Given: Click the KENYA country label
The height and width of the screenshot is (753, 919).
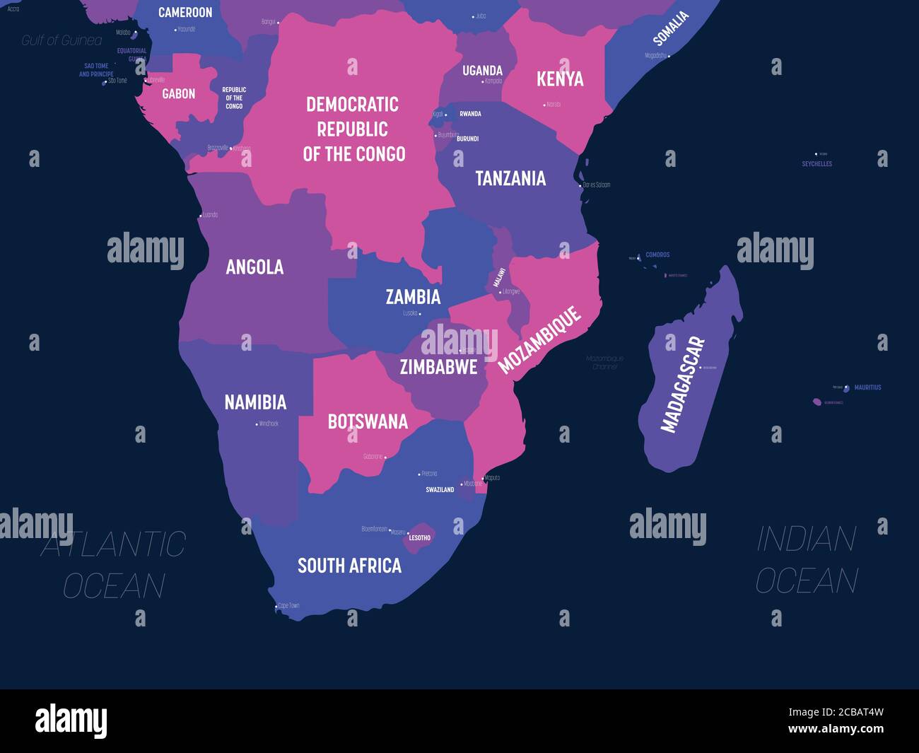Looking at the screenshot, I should [560, 78].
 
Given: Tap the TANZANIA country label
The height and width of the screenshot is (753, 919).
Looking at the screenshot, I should [510, 178].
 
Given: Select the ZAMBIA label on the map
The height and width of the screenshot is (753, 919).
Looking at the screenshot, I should [413, 296].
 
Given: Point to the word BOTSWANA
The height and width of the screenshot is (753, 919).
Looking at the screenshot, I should [368, 421].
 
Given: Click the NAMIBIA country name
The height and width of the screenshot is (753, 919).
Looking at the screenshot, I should [255, 402].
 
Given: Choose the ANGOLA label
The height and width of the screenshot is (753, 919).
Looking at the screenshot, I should [254, 267].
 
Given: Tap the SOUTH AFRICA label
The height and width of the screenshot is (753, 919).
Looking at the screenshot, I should [349, 565].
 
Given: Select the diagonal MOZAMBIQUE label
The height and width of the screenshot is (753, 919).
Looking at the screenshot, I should [539, 339].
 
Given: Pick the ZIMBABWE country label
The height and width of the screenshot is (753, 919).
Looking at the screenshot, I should [438, 366].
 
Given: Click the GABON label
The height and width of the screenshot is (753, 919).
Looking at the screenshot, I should [178, 93].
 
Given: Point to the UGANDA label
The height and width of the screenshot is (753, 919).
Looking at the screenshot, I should [482, 70].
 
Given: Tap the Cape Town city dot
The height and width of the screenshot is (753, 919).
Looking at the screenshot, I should [276, 606].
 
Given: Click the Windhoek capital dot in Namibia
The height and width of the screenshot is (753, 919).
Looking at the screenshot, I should [257, 424].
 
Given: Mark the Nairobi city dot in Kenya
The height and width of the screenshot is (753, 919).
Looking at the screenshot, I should [545, 105].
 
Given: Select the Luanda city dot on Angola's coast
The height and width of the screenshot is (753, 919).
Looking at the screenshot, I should [201, 215].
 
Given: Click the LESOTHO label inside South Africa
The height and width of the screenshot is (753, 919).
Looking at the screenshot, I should [419, 538].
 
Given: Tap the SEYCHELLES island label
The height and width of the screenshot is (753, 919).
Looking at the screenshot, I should [816, 163].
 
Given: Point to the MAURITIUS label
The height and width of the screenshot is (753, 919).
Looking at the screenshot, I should [867, 387].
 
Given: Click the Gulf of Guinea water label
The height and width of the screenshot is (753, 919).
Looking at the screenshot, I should [61, 40].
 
